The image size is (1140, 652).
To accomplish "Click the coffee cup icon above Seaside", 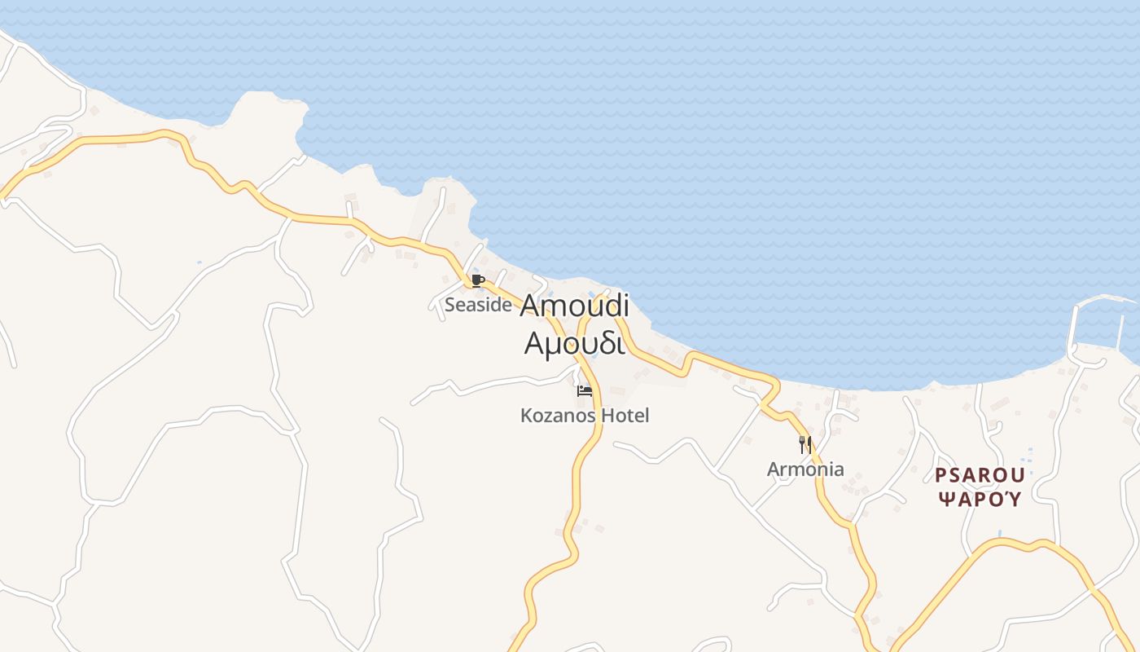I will point(478,281).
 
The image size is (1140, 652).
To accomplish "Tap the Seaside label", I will point(478,305).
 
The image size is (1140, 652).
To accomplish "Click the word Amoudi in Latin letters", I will point(574,306).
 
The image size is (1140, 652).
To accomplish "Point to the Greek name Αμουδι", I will point(574,343).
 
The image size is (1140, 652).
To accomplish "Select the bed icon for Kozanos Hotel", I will point(585,390).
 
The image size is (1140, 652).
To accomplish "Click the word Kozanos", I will point(558,416).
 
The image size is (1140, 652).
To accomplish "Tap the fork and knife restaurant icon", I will point(805,445).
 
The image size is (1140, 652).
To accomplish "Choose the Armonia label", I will point(805,469).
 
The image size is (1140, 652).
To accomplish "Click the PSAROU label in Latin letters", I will point(979,475).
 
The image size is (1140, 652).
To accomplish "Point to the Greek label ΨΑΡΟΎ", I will point(979,499).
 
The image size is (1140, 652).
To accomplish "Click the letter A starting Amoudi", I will point(529,306).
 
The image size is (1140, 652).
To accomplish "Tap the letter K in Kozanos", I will point(526,416).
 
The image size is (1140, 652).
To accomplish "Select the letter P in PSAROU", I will point(940,475).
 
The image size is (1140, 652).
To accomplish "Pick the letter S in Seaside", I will point(449,305).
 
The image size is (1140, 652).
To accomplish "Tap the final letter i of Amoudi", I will point(625,306).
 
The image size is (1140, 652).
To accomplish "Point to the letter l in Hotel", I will point(647,416).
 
